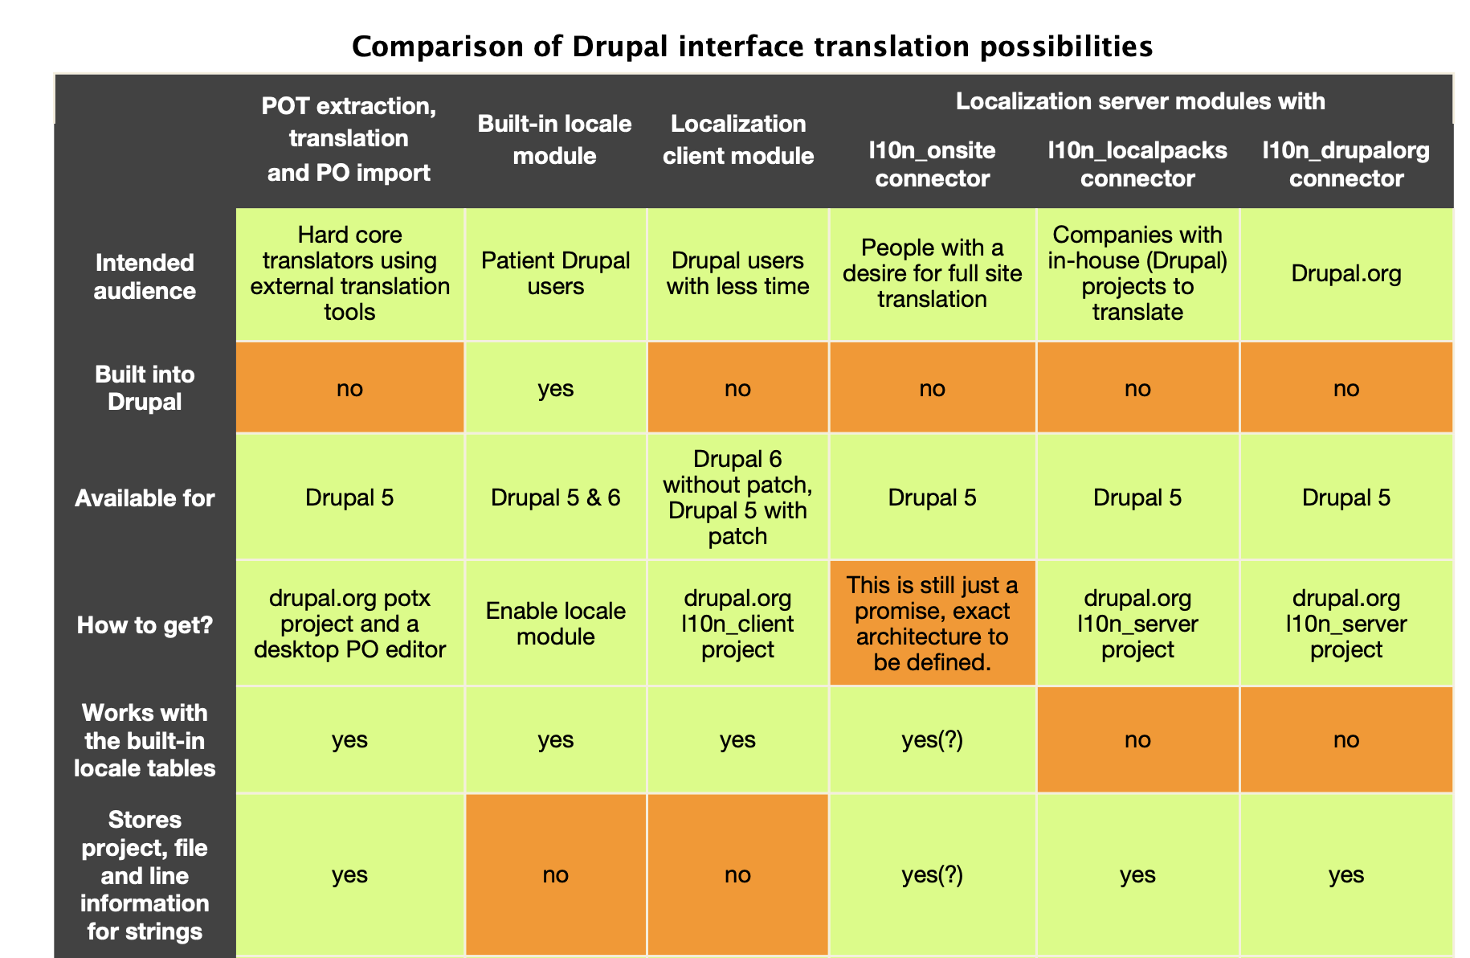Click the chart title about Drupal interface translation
752,47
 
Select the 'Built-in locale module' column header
554,139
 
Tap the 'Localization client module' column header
737,139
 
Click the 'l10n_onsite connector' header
932,164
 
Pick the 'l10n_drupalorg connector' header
1345,164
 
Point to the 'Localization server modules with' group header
1140,101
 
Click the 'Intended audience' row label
145,276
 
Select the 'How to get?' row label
145,624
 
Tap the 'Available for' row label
145,498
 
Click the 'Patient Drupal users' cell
555,273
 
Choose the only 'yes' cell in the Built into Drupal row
555,388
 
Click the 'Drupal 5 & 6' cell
555,497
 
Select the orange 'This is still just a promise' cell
932,623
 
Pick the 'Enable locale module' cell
555,624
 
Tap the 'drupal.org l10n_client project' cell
737,624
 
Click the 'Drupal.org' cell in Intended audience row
1345,273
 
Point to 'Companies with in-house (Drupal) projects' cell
1137,273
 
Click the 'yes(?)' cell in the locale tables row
932,739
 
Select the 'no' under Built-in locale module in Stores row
555,874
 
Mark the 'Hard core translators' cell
349,273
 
